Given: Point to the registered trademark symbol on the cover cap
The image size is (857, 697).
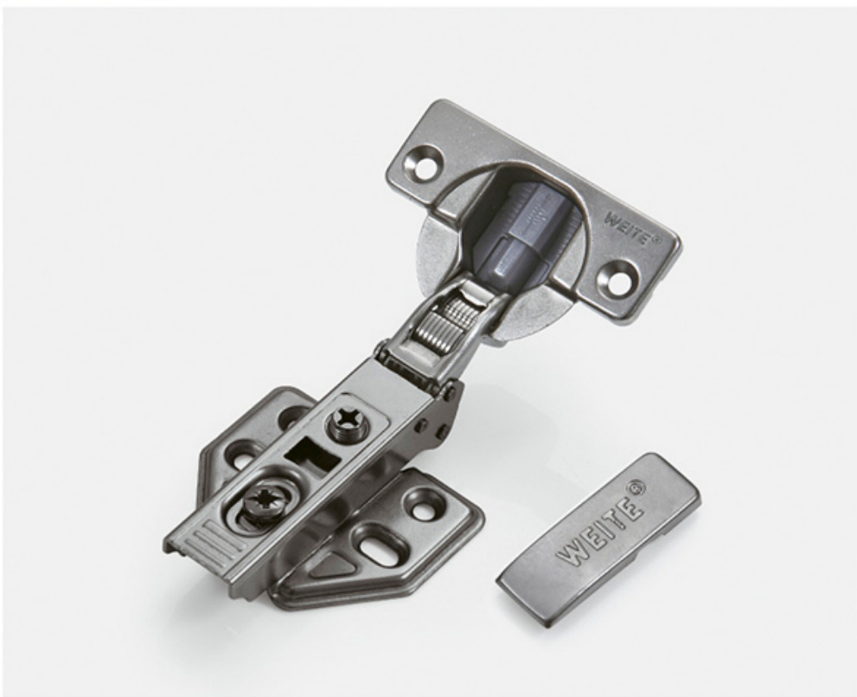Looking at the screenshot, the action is (x=636, y=486).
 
